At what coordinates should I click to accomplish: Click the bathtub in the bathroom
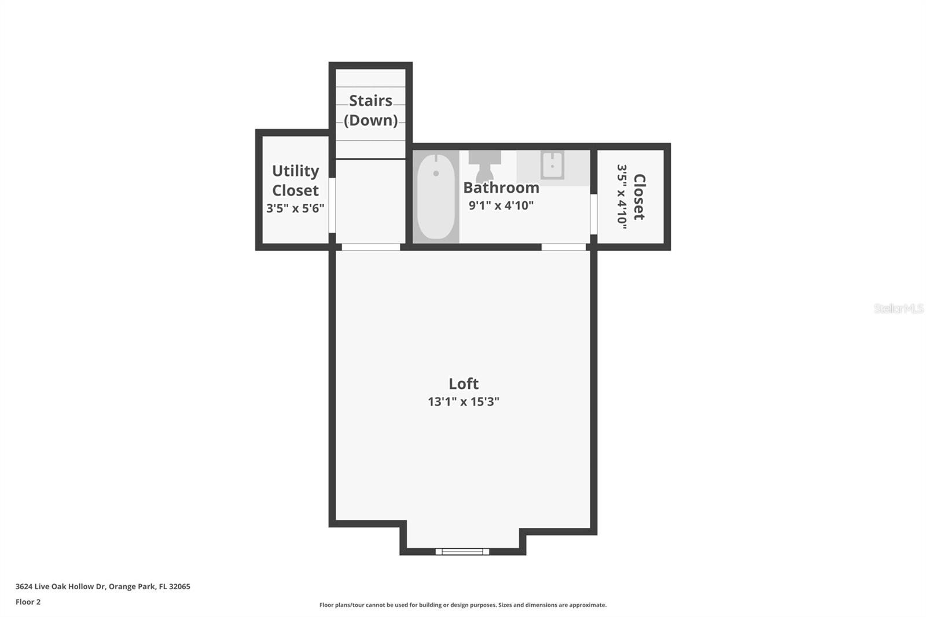(436, 196)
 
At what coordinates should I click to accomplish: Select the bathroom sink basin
(552, 164)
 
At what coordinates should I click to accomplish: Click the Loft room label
(464, 384)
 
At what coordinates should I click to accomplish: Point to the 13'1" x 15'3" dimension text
(464, 402)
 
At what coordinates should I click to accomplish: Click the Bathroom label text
(501, 188)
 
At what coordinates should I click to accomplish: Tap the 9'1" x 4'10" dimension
(501, 205)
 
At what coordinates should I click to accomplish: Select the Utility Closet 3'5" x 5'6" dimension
(295, 208)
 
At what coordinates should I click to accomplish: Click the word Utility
(295, 171)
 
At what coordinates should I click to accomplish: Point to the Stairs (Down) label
(371, 111)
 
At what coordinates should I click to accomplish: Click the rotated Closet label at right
(640, 197)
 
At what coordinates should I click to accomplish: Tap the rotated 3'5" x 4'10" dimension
(622, 197)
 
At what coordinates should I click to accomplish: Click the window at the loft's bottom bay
(462, 551)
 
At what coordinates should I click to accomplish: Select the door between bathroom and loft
(564, 247)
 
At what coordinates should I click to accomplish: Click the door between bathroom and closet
(594, 214)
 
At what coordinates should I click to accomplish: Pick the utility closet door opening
(332, 205)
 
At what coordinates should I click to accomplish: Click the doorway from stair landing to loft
(371, 247)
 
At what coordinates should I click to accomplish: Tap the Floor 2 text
(28, 602)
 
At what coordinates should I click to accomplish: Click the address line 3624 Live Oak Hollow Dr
(103, 586)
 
